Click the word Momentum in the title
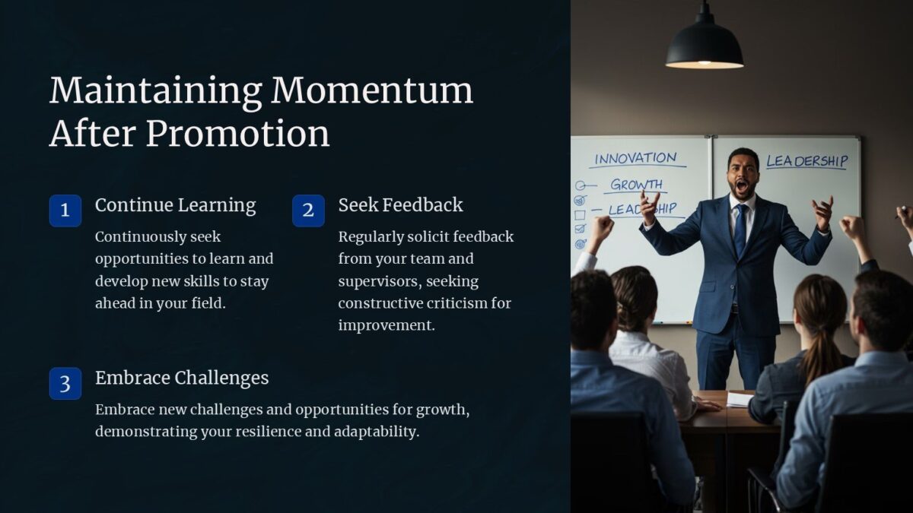(372, 90)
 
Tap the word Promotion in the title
(237, 134)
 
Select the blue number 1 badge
(65, 211)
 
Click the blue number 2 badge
(309, 211)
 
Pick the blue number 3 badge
(65, 384)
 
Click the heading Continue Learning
(176, 205)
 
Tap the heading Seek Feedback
(401, 204)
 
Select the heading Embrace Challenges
(182, 378)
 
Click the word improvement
(387, 325)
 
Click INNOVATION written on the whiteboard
(635, 158)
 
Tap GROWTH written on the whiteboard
(637, 185)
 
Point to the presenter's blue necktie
(740, 230)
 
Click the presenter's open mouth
(741, 186)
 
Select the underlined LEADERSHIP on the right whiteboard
(807, 161)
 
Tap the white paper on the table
(740, 399)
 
